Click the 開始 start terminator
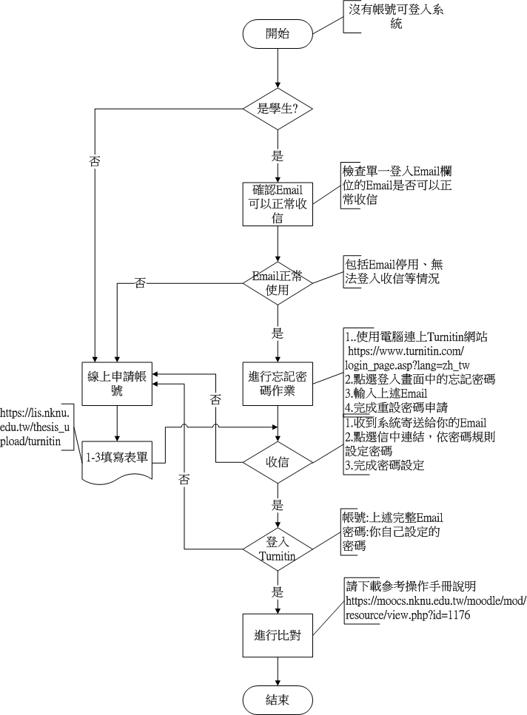coord(278,34)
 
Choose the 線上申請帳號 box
coord(117,382)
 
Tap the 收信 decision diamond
coord(278,463)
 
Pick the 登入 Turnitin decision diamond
coord(278,549)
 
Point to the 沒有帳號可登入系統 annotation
coord(396,16)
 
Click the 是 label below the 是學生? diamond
coord(278,156)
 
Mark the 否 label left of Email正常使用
coord(140,283)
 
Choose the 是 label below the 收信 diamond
coord(278,506)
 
